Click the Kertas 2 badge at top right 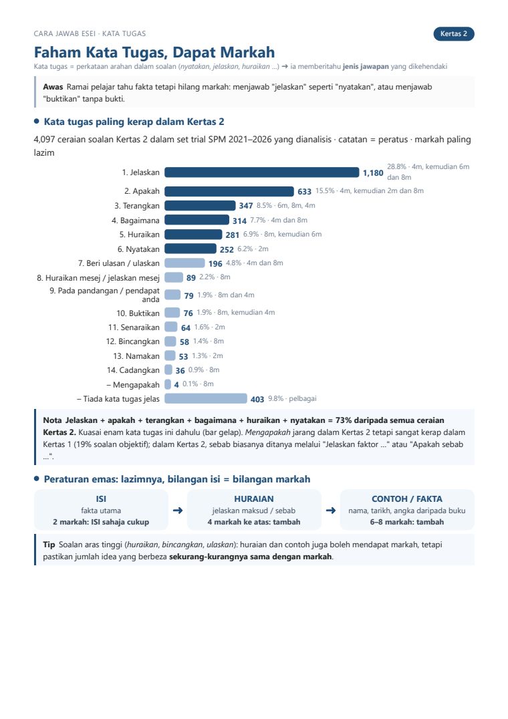pyautogui.click(x=453, y=34)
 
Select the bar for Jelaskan pyautogui.click(x=262, y=172)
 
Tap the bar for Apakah pyautogui.click(x=229, y=191)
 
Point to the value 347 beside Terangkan pyautogui.click(x=246, y=206)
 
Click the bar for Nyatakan pyautogui.click(x=190, y=249)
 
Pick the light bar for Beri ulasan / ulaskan pyautogui.click(x=184, y=263)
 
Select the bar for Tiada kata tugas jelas pyautogui.click(x=206, y=399)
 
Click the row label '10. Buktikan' pyautogui.click(x=138, y=313)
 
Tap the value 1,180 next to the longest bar pyautogui.click(x=373, y=173)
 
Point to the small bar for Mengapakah pyautogui.click(x=168, y=384)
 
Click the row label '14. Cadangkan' pyautogui.click(x=134, y=370)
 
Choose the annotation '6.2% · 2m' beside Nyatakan pyautogui.click(x=253, y=249)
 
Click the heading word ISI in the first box pyautogui.click(x=101, y=499)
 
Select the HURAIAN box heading pyautogui.click(x=254, y=499)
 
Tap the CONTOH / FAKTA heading pyautogui.click(x=407, y=499)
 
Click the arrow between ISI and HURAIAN pyautogui.click(x=178, y=511)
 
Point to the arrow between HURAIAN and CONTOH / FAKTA pyautogui.click(x=331, y=511)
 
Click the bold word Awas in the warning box pyautogui.click(x=53, y=87)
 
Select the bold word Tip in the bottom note pyautogui.click(x=49, y=545)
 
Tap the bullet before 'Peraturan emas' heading pyautogui.click(x=37, y=479)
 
